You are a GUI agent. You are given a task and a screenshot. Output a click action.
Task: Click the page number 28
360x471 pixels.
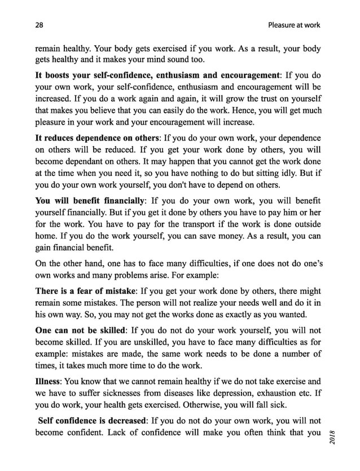[39, 25]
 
